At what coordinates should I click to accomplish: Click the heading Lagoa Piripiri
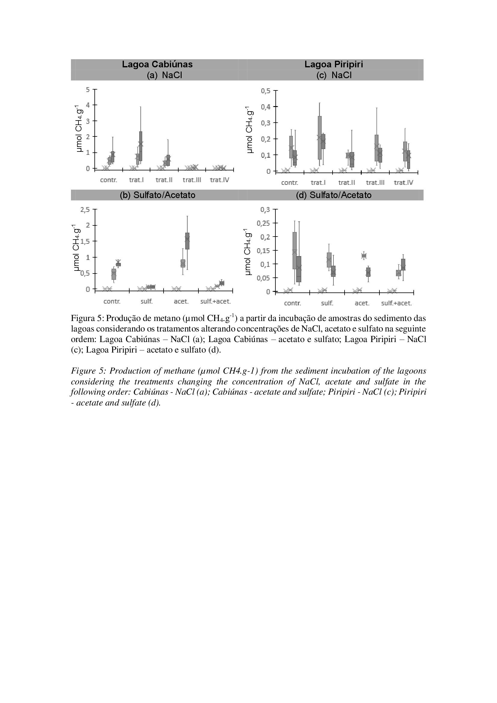333,64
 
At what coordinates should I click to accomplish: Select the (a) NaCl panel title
164,75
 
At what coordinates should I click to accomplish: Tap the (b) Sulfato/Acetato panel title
158,195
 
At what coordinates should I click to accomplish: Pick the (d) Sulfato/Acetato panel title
333,195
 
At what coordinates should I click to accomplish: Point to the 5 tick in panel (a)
88,89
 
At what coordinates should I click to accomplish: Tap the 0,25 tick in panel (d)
265,223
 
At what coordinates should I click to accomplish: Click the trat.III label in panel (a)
192,180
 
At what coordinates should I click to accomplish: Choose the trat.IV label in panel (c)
403,183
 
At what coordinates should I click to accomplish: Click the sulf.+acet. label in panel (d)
396,304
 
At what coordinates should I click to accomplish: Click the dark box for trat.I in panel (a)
140,146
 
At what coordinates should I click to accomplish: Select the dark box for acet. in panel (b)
187,241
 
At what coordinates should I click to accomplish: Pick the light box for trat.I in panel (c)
320,138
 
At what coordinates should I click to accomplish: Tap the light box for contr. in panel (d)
295,250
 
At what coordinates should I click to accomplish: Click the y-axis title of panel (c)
250,130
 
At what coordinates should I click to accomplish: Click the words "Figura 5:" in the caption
87,318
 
